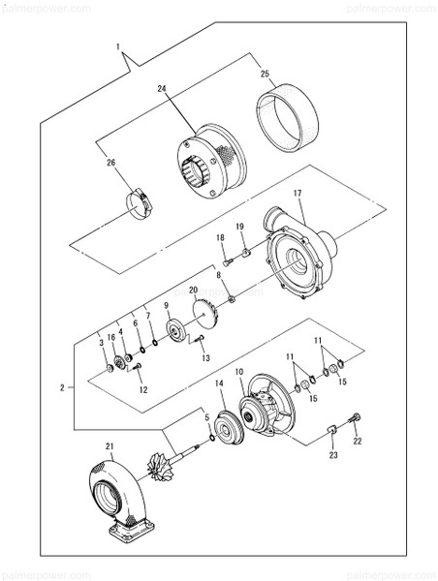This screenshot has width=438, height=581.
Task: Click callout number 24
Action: (x=163, y=88)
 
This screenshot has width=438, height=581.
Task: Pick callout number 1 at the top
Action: (x=118, y=46)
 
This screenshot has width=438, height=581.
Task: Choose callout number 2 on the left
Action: (x=61, y=387)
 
